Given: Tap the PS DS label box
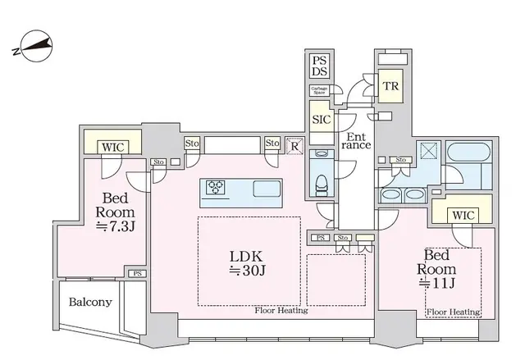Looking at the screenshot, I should point(320,66).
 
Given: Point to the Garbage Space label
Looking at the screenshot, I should point(320,91).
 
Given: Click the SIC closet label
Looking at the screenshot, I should point(321,120).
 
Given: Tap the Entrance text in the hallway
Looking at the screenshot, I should point(357,140).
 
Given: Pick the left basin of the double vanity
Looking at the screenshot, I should point(390,195).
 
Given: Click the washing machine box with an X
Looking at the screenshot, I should point(427,153).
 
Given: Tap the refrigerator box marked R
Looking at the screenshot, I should point(294,146).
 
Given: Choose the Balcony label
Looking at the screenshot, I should point(90,302).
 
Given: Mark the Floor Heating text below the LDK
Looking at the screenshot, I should point(281,311).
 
